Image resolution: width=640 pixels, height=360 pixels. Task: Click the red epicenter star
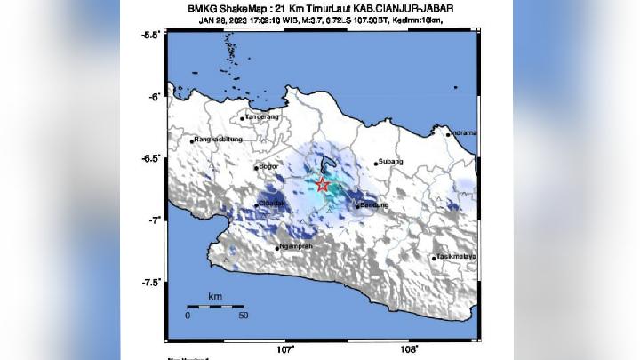point(323,185)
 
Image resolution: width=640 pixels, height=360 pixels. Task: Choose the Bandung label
point(372,205)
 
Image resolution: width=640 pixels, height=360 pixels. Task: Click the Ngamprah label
point(295,246)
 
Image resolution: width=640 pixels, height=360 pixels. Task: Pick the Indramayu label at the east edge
point(463,132)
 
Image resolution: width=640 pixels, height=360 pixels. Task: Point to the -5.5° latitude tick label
point(150,34)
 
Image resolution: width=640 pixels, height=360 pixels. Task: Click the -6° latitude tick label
point(154,96)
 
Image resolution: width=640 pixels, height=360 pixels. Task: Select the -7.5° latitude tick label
point(150,282)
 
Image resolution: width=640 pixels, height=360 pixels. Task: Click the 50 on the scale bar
point(243,316)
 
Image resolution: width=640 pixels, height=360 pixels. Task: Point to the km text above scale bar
point(214,295)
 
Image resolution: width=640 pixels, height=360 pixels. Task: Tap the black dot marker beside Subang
point(376,163)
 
